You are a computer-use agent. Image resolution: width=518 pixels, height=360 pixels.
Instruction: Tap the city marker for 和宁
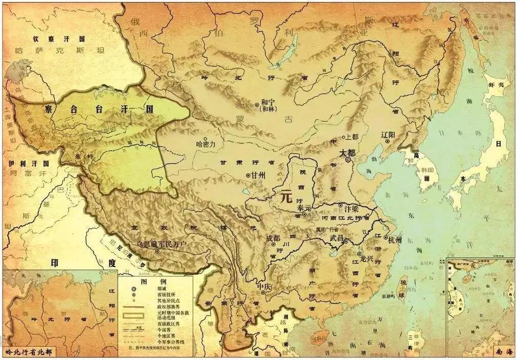point(257,102)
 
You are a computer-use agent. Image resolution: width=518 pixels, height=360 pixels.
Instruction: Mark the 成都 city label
point(274,239)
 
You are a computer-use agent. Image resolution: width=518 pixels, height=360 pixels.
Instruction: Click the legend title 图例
point(154,282)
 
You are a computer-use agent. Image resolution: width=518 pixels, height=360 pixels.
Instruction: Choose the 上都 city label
point(352,137)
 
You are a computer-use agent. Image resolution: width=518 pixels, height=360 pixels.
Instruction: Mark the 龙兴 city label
point(368,259)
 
